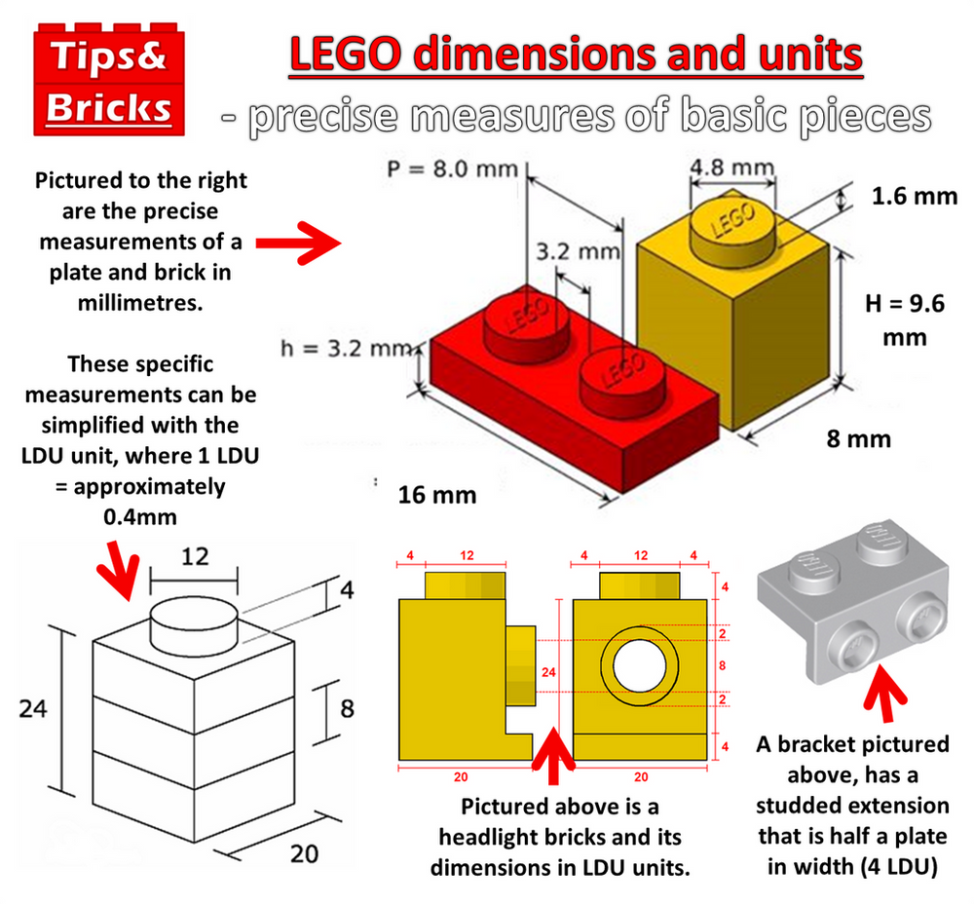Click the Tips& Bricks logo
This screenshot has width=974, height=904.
tap(107, 77)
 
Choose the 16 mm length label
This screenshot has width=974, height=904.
tap(437, 495)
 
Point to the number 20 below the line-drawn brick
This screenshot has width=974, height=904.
tap(304, 853)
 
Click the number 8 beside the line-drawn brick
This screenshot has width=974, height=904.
tap(347, 708)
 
